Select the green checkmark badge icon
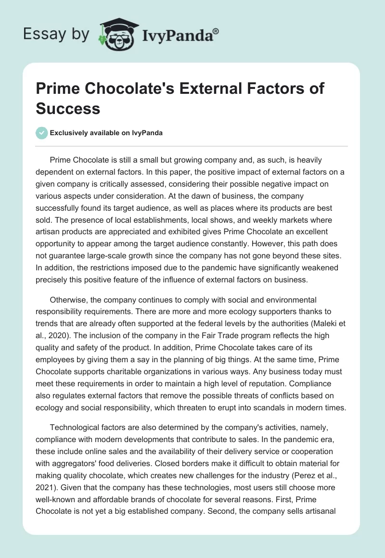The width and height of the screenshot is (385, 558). (x=41, y=133)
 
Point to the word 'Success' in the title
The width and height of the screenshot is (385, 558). (x=68, y=108)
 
